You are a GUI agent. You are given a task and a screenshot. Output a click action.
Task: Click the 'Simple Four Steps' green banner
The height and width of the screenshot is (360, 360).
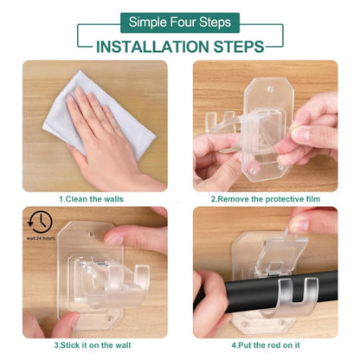pos(180,22)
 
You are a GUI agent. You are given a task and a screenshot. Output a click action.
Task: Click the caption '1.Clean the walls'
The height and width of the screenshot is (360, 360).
pos(91,198)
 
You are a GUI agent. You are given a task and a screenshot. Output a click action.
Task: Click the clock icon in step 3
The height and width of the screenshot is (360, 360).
pos(40,221)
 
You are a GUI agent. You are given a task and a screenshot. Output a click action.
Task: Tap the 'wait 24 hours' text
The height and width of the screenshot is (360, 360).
pos(40,237)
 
